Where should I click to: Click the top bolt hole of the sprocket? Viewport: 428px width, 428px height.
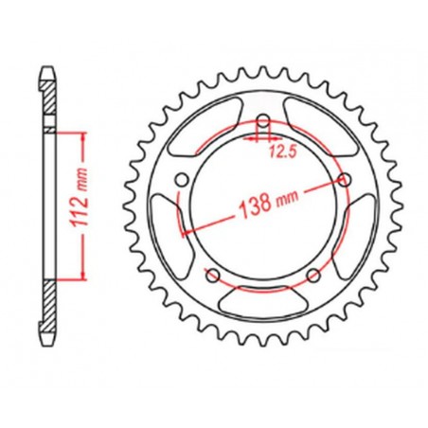click(x=262, y=120)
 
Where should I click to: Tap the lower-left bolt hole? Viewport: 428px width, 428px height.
click(x=212, y=276)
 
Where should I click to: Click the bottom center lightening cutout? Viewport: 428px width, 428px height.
click(x=262, y=301)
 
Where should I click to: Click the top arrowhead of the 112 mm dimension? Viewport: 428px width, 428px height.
click(x=82, y=134)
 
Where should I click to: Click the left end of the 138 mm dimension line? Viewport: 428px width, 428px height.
click(x=184, y=231)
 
